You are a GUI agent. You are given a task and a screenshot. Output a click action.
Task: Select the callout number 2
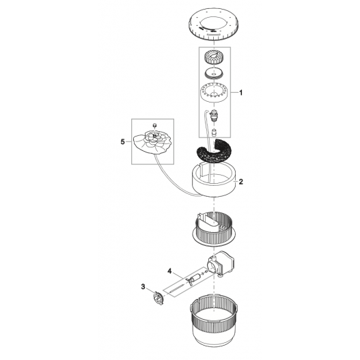[x=241, y=182]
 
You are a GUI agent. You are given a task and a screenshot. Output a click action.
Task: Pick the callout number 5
[x=122, y=142]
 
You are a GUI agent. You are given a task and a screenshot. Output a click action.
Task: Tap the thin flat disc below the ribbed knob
[x=215, y=73]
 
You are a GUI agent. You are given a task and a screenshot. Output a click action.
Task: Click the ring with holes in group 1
[x=215, y=92]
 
